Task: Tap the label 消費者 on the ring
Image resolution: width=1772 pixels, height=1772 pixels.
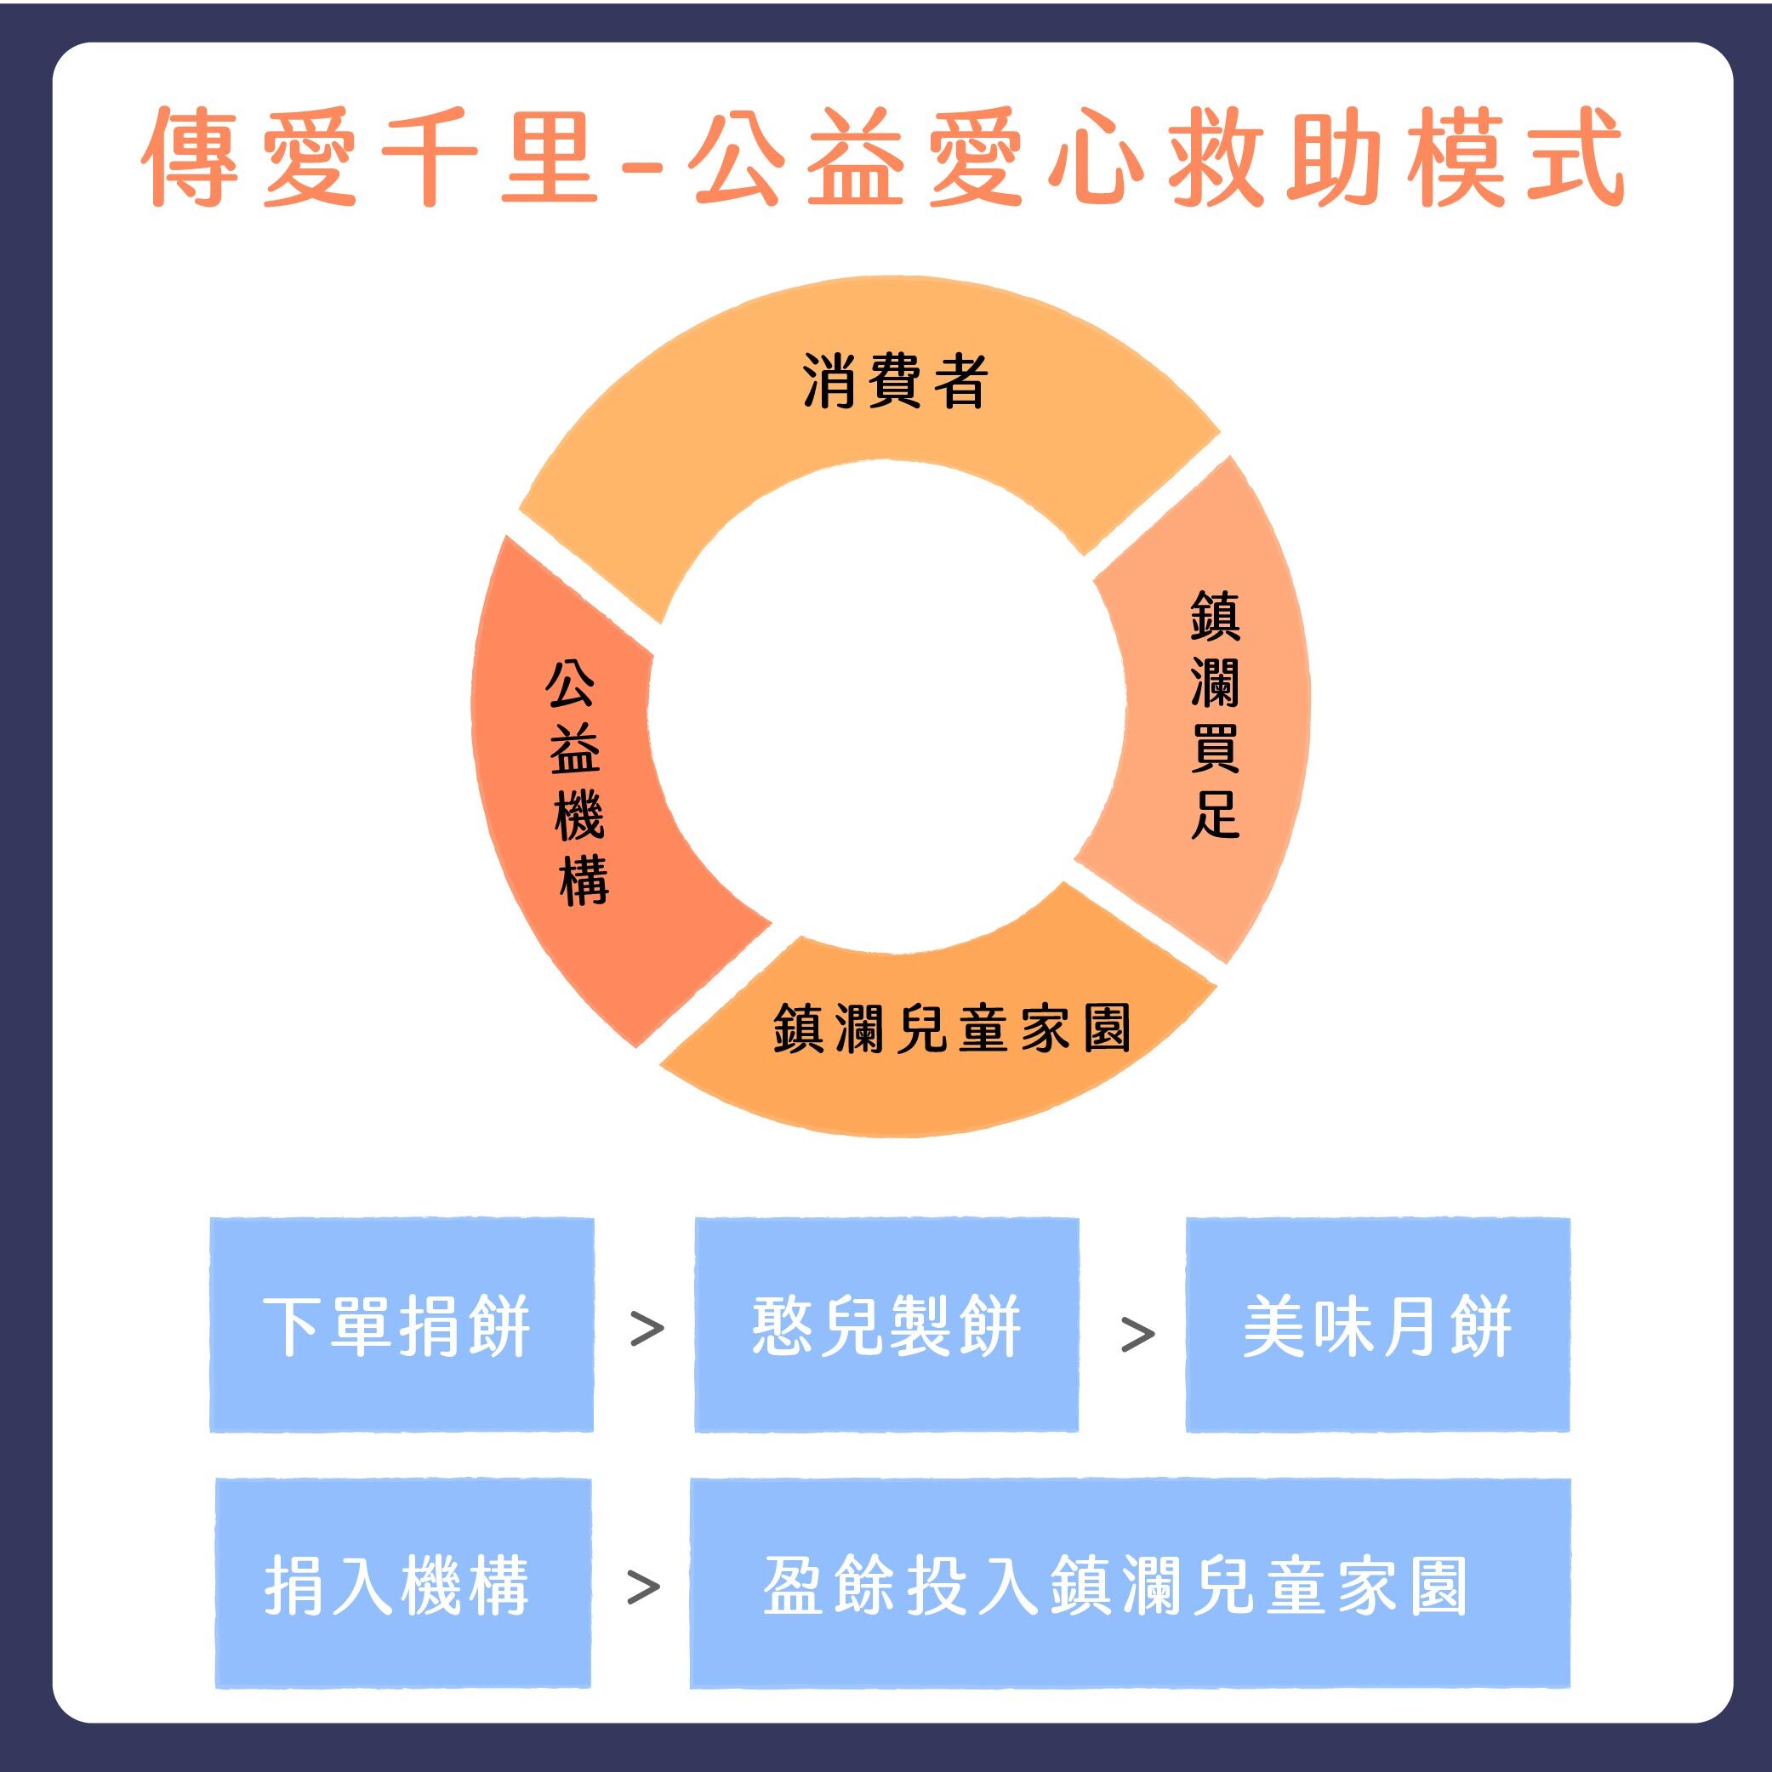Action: pyautogui.click(x=895, y=379)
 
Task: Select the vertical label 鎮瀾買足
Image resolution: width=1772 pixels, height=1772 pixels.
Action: pyautogui.click(x=1216, y=716)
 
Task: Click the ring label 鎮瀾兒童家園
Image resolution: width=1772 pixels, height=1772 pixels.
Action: pyautogui.click(x=952, y=1028)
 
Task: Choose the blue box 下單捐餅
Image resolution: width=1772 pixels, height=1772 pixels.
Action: pyautogui.click(x=402, y=1325)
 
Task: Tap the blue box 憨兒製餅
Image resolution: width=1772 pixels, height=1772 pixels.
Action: pyautogui.click(x=886, y=1325)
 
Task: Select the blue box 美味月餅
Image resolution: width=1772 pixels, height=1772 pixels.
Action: pyautogui.click(x=1377, y=1325)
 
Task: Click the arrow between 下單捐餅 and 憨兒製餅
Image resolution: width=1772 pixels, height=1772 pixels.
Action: pyautogui.click(x=647, y=1329)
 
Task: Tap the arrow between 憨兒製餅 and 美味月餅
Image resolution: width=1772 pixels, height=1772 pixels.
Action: pyautogui.click(x=1137, y=1335)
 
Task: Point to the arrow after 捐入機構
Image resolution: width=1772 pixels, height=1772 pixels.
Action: pyautogui.click(x=643, y=1587)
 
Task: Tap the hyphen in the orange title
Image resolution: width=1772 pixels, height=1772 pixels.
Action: pyautogui.click(x=650, y=163)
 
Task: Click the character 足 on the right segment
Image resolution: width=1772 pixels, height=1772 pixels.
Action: pyautogui.click(x=1216, y=814)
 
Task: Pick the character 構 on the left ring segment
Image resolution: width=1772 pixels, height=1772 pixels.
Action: pyautogui.click(x=584, y=880)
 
